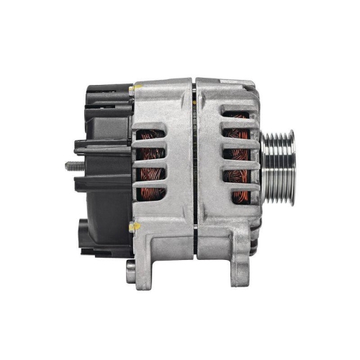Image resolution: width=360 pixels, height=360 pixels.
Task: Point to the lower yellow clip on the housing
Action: coord(131,227)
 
